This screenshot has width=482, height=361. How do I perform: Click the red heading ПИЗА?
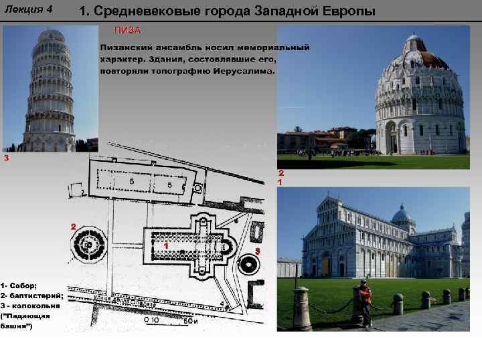point(127,31)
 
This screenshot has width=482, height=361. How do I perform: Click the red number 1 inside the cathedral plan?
point(164,245)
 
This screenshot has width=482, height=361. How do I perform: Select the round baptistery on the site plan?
point(88,246)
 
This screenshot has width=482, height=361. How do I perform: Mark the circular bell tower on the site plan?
point(248,263)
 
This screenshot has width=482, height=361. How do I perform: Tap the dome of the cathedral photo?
point(402,216)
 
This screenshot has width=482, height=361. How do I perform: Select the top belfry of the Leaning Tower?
point(51,36)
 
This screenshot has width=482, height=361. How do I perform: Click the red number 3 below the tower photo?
point(6,159)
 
